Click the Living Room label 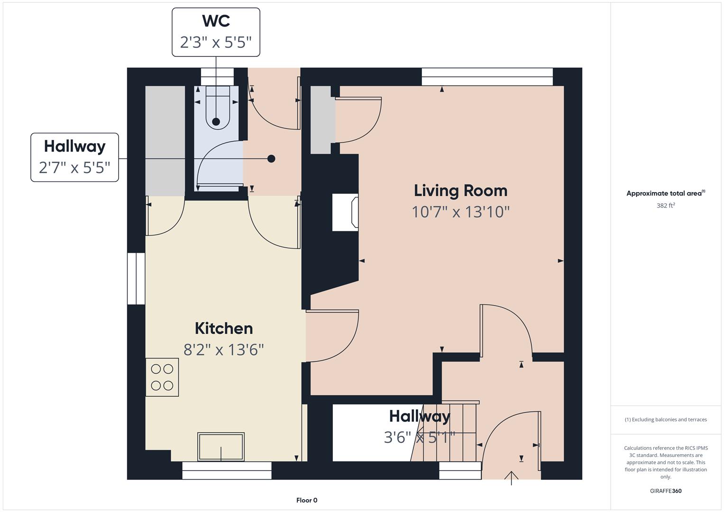coord(460,191)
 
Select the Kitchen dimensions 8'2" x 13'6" coord(224,350)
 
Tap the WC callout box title coord(216,21)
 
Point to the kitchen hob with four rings coord(162,377)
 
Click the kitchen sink coord(221,447)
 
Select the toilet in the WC coord(218,107)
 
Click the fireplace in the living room coord(345,212)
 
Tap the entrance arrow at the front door coord(511,478)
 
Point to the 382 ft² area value coord(666,205)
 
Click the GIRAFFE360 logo coord(666,491)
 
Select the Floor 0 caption coord(307,500)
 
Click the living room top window coord(487,77)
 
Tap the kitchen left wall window coord(136,279)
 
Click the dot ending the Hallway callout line coord(272,159)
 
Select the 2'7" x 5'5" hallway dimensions coord(74,168)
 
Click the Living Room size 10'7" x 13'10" coord(460,212)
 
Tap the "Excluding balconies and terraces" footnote coord(666,420)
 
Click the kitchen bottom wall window coord(227,470)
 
